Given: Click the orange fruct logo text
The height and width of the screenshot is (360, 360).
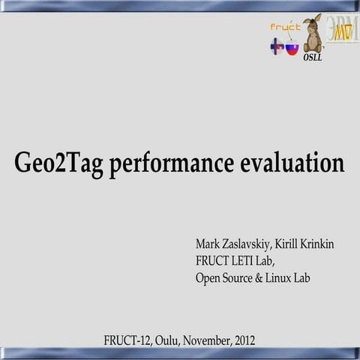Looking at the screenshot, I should tap(285, 27).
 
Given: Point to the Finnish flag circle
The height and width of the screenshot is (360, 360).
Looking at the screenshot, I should tap(277, 46).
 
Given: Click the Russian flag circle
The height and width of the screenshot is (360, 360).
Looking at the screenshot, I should tap(292, 49).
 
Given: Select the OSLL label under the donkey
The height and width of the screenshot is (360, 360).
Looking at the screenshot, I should tap(312, 58).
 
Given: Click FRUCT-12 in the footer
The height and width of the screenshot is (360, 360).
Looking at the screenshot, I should tap(127, 340).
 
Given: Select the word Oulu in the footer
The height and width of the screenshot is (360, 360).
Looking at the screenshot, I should tap(169, 340).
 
